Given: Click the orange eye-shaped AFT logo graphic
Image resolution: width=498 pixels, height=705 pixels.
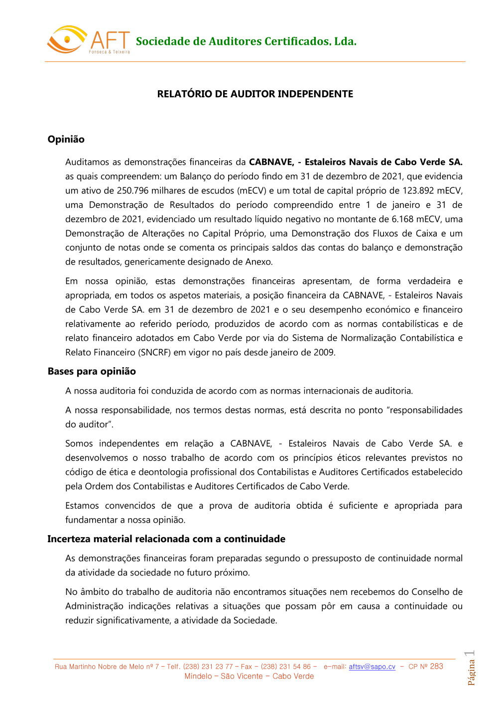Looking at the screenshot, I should pyautogui.click(x=66, y=39).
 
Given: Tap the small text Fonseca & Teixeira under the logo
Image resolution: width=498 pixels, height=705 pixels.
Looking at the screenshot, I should pyautogui.click(x=110, y=52).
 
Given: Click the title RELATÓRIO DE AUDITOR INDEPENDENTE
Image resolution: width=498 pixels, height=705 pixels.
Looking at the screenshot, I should pyautogui.click(x=255, y=94).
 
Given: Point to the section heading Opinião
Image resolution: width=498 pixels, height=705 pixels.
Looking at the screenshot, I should pyautogui.click(x=66, y=140).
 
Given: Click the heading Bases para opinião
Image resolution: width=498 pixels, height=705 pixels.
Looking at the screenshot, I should pyautogui.click(x=92, y=371).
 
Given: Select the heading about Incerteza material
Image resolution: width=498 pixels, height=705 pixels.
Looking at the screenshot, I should pyautogui.click(x=166, y=539).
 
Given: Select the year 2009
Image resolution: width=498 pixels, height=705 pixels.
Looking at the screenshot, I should pyautogui.click(x=324, y=353).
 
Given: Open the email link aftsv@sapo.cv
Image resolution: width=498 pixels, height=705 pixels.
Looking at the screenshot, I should pyautogui.click(x=372, y=667).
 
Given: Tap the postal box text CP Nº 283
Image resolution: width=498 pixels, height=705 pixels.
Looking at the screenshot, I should pyautogui.click(x=426, y=667).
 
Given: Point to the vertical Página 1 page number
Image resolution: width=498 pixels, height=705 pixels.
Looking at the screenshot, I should pyautogui.click(x=471, y=668).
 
